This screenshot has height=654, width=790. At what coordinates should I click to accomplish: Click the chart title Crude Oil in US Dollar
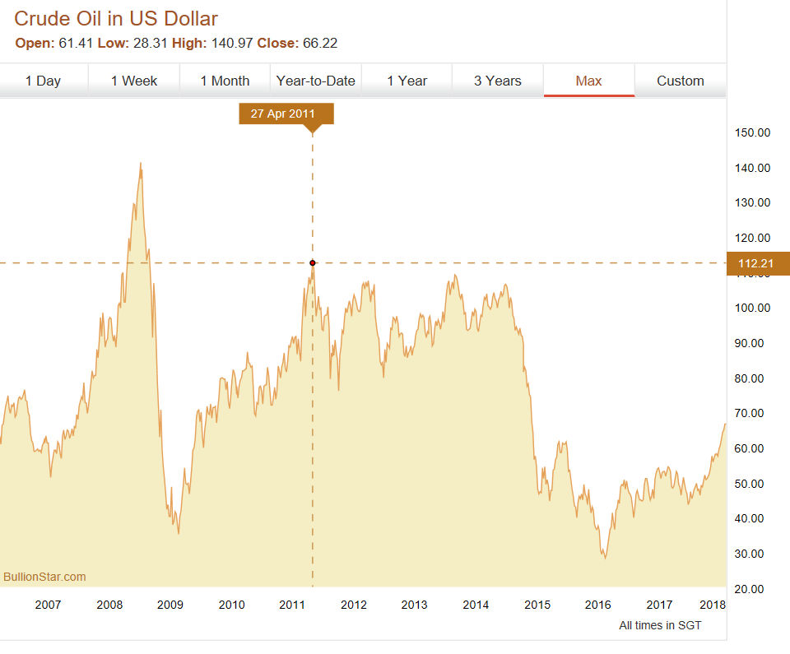[x=116, y=18]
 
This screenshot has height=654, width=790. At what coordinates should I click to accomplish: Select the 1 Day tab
[x=43, y=81]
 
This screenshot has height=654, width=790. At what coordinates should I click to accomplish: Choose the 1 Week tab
[x=134, y=81]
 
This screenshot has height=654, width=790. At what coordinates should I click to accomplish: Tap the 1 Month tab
[x=225, y=81]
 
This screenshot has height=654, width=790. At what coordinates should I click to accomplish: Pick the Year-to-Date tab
[x=316, y=81]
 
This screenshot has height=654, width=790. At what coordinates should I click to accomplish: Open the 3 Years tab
[x=497, y=81]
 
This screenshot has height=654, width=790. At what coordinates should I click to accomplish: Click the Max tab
[x=588, y=81]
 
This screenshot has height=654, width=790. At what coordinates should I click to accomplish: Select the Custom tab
[x=680, y=81]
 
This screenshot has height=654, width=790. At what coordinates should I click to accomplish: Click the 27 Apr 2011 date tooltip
[x=286, y=114]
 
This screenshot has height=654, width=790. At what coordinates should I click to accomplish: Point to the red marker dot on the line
[x=313, y=263]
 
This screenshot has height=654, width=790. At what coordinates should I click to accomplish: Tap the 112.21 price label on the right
[x=757, y=263]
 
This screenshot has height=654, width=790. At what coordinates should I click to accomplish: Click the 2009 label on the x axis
[x=170, y=605]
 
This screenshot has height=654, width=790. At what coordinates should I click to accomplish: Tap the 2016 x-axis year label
[x=598, y=605]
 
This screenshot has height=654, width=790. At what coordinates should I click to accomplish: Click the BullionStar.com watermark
[x=44, y=577]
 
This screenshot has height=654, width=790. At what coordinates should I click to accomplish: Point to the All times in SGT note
[x=660, y=626]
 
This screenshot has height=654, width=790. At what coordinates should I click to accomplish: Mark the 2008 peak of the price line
[x=141, y=164]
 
